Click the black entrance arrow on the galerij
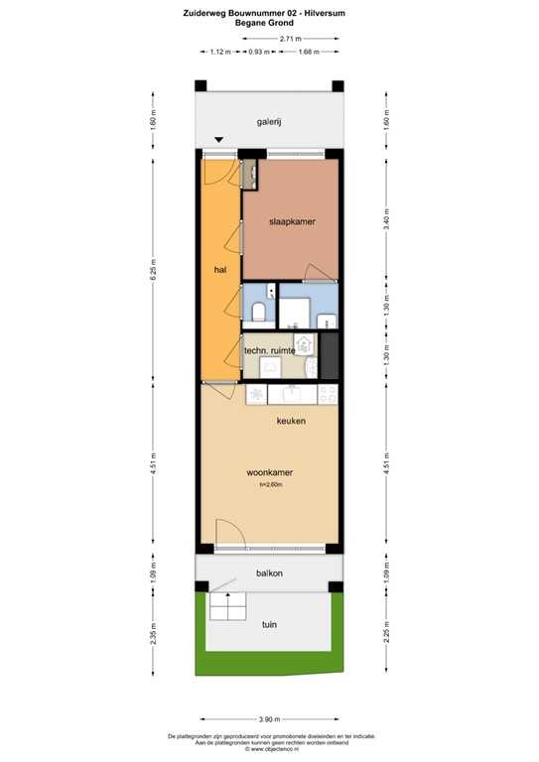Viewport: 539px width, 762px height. pyautogui.click(x=218, y=140)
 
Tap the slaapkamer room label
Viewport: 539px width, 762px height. pyautogui.click(x=292, y=222)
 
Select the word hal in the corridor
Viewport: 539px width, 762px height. pyautogui.click(x=220, y=269)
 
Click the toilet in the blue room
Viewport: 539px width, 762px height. pyautogui.click(x=257, y=314)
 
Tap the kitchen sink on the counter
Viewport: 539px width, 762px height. pyautogui.click(x=295, y=395)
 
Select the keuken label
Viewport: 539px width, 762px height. pyautogui.click(x=291, y=422)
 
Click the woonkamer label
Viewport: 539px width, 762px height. pyautogui.click(x=269, y=472)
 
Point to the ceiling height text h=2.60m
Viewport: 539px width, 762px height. pyautogui.click(x=271, y=485)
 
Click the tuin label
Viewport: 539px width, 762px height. pyautogui.click(x=269, y=624)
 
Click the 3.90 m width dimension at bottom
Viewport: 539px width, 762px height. pyautogui.click(x=269, y=718)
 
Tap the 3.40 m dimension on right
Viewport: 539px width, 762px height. pyautogui.click(x=386, y=219)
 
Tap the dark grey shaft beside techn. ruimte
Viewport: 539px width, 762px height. pyautogui.click(x=330, y=355)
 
